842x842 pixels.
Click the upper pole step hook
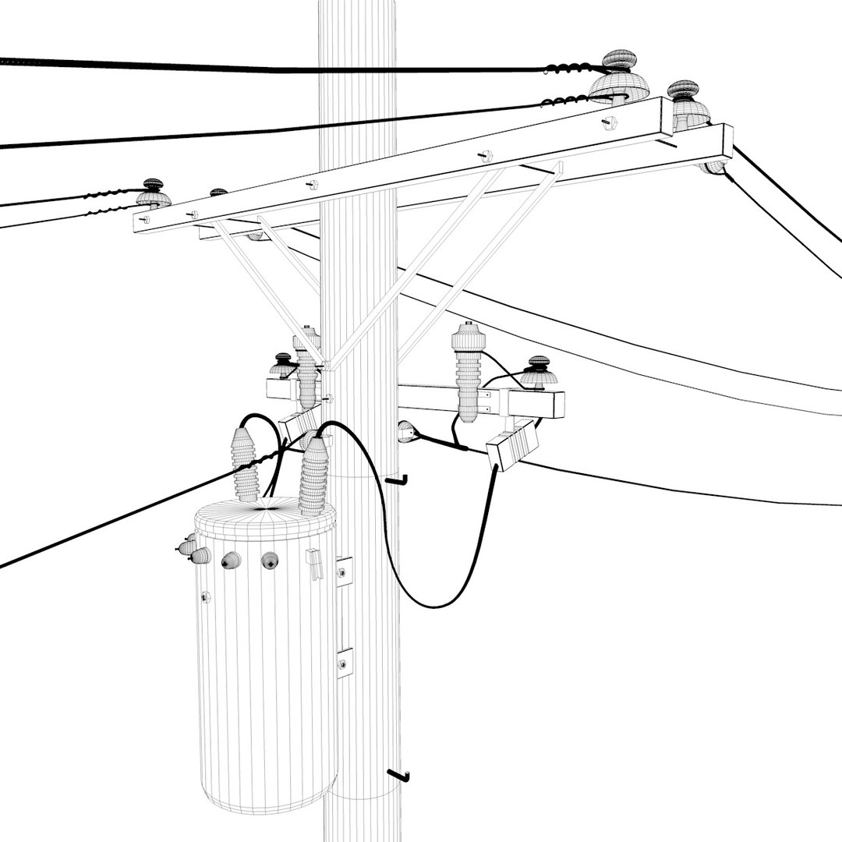point(399,479)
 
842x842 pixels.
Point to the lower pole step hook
point(400,775)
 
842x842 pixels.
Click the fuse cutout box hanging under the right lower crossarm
point(512,445)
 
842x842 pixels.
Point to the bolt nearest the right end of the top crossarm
point(610,122)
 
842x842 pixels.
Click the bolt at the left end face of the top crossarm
point(144,221)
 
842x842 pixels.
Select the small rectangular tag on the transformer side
point(313,564)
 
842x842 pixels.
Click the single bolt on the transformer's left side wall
point(205,597)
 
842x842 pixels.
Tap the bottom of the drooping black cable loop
point(433,605)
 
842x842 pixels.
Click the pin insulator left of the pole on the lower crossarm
point(283,366)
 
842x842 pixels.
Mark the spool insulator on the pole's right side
point(405,431)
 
